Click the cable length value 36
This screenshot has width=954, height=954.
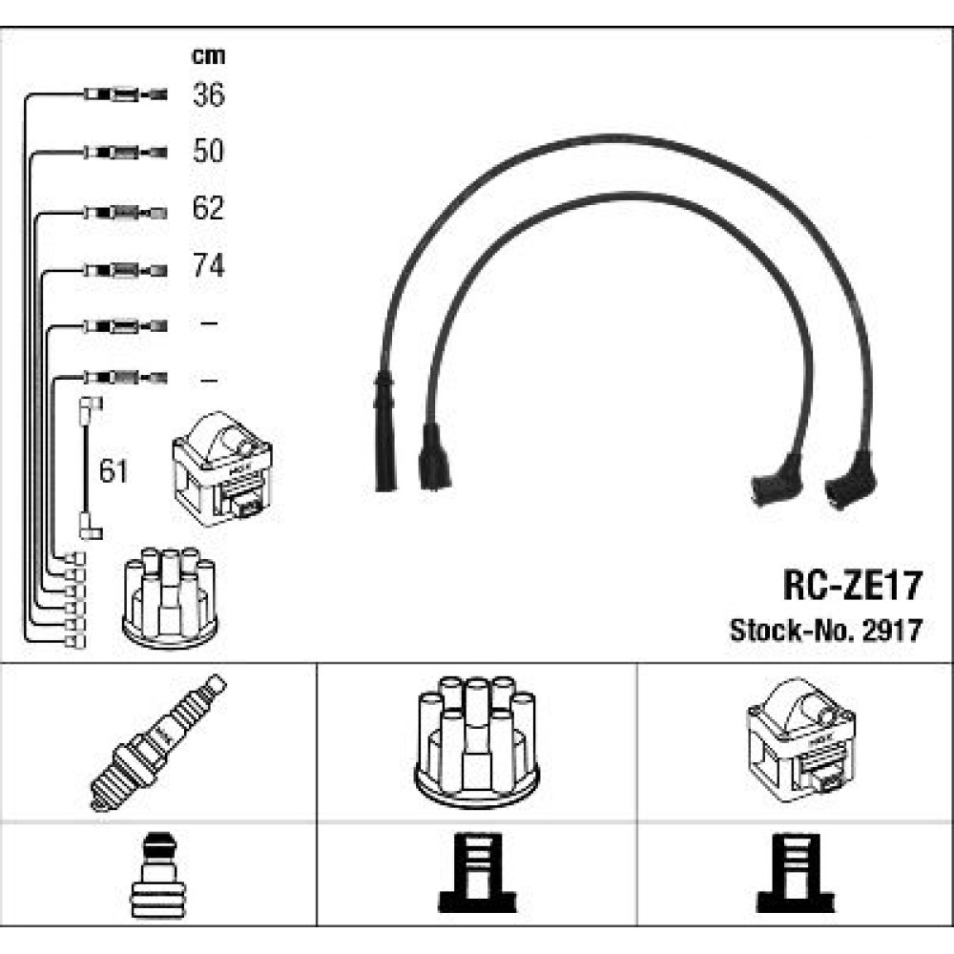(x=208, y=94)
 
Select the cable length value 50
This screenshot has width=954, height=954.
(x=208, y=151)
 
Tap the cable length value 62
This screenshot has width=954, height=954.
(x=208, y=208)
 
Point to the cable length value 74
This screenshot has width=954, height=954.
(x=208, y=265)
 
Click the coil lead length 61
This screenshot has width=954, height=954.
(x=114, y=470)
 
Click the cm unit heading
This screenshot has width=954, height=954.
(x=208, y=55)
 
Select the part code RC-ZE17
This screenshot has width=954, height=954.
(x=852, y=585)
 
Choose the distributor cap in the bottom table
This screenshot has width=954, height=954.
(x=476, y=740)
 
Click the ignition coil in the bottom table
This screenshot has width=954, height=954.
(x=797, y=740)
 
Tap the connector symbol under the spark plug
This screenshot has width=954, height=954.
(x=158, y=874)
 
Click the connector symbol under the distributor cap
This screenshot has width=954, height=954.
(x=476, y=874)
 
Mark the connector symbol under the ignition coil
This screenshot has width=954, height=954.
(x=795, y=874)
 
